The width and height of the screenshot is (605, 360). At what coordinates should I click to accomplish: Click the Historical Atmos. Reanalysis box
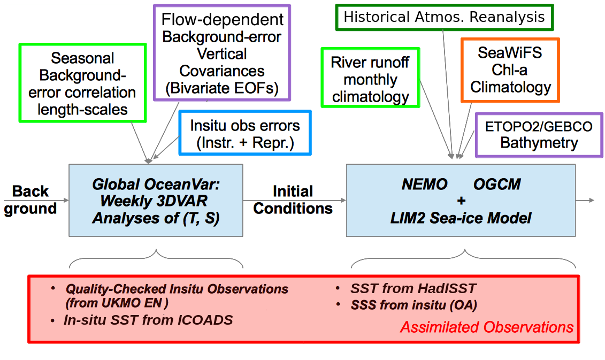445,17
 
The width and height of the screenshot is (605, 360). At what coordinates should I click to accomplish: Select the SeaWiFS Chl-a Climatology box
510,70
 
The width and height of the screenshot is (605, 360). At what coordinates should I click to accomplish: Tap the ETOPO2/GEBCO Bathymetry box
539,135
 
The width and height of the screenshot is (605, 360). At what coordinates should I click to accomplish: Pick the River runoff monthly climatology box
370,78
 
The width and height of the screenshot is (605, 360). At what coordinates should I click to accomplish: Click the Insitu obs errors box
245,133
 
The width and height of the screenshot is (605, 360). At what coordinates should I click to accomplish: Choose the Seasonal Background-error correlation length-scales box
82,83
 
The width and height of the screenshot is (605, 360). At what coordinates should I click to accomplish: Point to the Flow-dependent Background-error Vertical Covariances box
222,53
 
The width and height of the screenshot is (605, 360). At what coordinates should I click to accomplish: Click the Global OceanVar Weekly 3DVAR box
156,200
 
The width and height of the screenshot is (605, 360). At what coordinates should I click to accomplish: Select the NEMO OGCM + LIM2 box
461,200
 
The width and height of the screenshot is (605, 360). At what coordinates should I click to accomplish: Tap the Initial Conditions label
293,200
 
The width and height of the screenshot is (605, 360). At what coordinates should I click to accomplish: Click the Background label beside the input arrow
30,200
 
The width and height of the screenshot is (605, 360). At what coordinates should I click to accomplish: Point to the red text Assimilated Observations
487,327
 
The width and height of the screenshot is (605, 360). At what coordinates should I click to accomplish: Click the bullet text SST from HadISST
413,288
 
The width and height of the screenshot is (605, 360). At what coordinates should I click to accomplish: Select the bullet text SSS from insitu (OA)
413,305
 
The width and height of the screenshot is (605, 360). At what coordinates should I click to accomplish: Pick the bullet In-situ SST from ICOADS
148,320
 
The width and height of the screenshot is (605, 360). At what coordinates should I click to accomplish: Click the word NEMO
424,184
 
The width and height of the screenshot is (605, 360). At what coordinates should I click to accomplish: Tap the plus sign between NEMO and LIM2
461,201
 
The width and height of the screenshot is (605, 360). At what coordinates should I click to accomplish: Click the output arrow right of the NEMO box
585,200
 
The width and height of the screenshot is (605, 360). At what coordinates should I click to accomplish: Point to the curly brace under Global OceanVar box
156,258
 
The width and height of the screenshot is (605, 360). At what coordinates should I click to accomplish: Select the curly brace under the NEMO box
463,258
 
